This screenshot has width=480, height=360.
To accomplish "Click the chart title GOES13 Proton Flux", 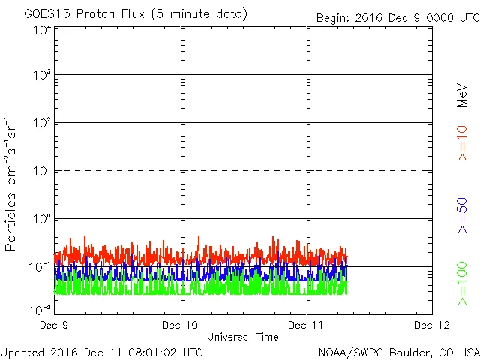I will pyautogui.click(x=124, y=14).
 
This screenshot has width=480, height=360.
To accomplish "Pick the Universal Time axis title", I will pyautogui.click(x=242, y=337).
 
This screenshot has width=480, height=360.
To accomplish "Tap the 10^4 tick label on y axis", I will pyautogui.click(x=41, y=30).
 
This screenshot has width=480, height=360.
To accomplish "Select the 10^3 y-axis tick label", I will pyautogui.click(x=41, y=76).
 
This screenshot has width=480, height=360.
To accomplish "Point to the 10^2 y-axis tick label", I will pyautogui.click(x=41, y=124).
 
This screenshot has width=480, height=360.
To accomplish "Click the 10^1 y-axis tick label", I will pyautogui.click(x=41, y=172).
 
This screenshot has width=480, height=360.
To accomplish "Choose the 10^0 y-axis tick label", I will pyautogui.click(x=41, y=220).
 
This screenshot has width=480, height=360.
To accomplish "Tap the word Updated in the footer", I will pyautogui.click(x=24, y=351).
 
